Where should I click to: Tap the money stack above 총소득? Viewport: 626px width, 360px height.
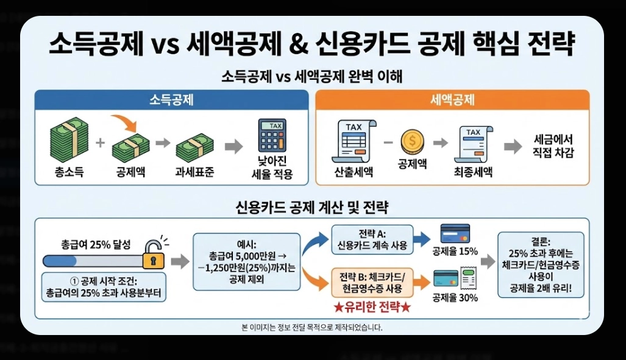(x=67, y=140)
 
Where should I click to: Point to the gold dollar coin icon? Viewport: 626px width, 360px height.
(x=412, y=143)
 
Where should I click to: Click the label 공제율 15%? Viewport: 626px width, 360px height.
(x=455, y=252)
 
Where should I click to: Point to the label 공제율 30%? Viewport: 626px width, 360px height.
(x=455, y=298)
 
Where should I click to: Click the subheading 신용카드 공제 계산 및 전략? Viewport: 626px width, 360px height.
(x=313, y=207)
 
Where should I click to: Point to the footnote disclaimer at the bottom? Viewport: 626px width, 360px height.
(x=312, y=327)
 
